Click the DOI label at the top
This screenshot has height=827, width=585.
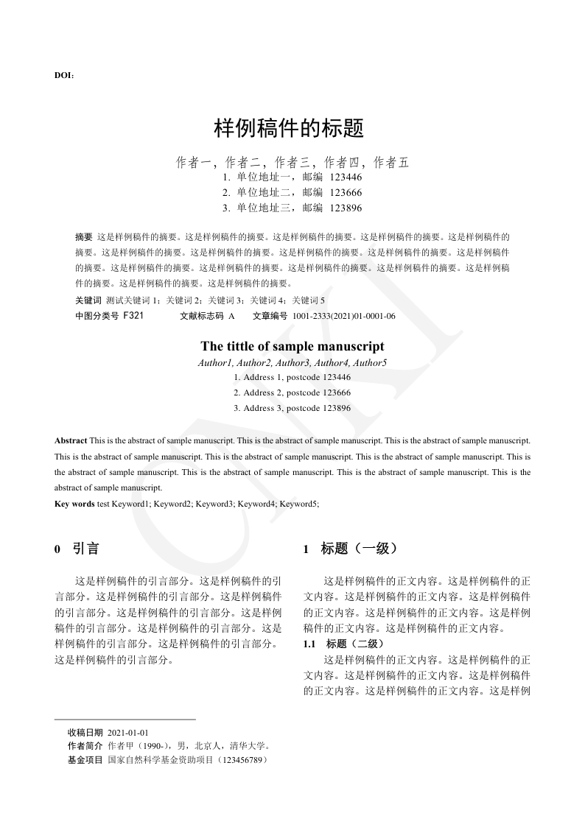click(64, 74)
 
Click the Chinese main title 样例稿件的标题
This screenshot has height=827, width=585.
click(289, 129)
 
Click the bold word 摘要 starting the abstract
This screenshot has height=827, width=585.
click(84, 237)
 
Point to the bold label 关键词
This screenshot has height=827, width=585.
click(88, 300)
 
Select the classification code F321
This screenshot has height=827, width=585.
click(133, 315)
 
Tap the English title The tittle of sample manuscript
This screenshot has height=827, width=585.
click(292, 346)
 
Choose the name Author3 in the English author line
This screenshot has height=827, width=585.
click(292, 363)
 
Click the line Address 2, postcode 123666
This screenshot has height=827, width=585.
click(292, 393)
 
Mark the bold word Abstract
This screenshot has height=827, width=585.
click(71, 440)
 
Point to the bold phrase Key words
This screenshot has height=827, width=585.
click(74, 504)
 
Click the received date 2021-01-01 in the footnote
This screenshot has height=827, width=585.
click(128, 733)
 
